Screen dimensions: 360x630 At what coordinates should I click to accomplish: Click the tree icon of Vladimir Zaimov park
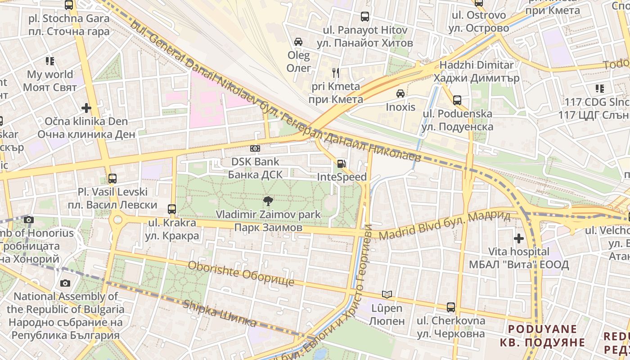(x=268, y=201)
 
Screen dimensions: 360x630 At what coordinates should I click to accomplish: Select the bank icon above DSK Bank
(x=255, y=148)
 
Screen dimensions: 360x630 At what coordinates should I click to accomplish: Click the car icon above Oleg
(x=298, y=42)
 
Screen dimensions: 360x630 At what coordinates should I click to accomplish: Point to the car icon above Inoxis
(x=400, y=94)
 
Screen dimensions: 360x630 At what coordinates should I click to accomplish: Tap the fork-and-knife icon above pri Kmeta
(x=335, y=72)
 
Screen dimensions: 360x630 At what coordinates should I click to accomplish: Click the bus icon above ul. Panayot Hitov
(x=365, y=17)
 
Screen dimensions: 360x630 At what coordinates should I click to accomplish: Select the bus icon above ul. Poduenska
(x=457, y=100)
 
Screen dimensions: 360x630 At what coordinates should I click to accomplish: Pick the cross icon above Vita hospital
(x=519, y=238)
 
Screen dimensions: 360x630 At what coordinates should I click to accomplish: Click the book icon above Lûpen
(x=387, y=295)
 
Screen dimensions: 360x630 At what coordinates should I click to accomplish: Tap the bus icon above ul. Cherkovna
(x=451, y=307)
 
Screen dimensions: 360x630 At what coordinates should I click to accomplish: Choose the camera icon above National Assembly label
(x=65, y=283)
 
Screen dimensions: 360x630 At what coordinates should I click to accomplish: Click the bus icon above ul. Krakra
(x=172, y=209)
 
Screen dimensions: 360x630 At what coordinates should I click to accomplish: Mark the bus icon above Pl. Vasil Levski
(x=112, y=178)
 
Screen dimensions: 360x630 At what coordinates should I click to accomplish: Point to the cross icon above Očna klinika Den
(x=86, y=108)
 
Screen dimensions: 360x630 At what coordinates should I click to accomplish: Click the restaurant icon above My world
(x=49, y=61)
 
